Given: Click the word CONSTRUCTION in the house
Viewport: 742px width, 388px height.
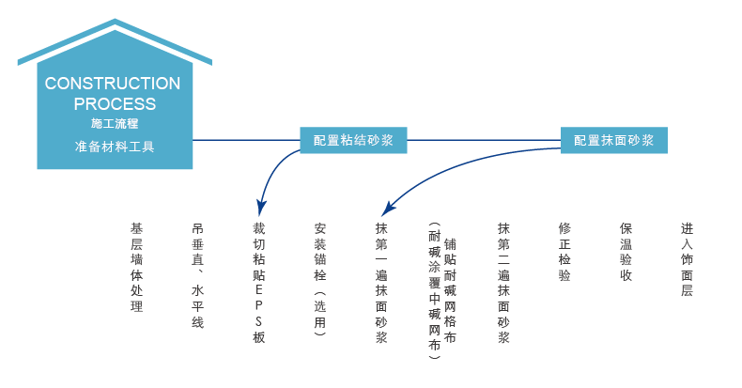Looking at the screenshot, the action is (113, 84).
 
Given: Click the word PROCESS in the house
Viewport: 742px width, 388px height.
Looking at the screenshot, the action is (115, 104).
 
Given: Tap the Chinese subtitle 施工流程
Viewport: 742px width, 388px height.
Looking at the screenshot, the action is (115, 123).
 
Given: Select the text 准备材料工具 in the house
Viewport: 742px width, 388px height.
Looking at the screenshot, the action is (115, 147).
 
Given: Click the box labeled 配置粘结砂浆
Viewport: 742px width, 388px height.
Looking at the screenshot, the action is (353, 140).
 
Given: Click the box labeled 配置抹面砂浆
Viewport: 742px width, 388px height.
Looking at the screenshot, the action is (613, 140).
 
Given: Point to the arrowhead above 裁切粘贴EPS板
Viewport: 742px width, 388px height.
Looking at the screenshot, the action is (260, 209).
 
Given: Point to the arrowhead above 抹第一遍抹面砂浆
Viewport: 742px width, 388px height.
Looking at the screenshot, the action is (388, 209).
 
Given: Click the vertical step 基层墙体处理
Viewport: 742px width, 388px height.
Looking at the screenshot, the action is (137, 268).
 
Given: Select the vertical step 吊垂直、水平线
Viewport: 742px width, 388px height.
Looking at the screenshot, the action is (198, 275).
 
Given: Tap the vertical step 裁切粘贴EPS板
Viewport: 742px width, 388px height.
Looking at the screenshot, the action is (259, 283).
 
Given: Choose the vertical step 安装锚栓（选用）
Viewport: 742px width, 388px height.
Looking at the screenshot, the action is (320, 280).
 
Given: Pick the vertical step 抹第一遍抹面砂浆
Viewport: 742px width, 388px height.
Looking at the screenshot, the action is (381, 283).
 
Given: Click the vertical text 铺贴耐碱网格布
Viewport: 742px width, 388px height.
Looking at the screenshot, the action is (450, 290).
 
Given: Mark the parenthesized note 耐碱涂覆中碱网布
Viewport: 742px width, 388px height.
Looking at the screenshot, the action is (435, 290).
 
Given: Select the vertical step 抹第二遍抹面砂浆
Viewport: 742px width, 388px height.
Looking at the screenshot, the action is (503, 283).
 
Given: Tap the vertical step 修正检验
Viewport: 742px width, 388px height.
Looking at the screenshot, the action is (564, 252).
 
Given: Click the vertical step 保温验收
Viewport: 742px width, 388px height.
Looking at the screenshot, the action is (626, 252).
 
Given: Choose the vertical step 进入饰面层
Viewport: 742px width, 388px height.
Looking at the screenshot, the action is (688, 260).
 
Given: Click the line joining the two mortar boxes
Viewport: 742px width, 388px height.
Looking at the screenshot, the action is (484, 140).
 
